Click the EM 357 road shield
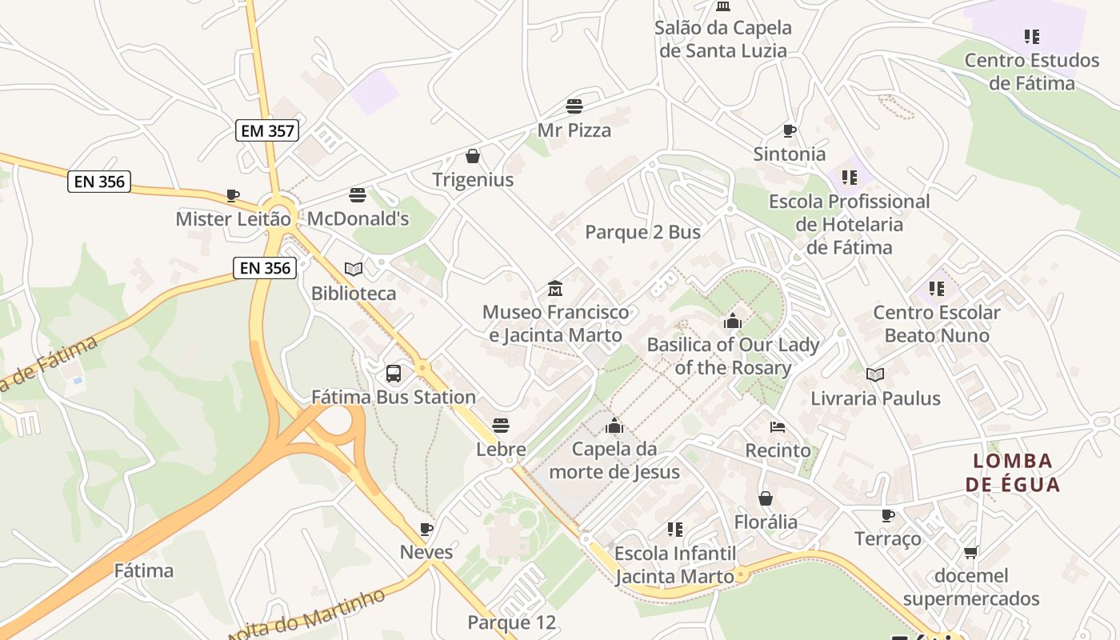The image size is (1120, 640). coord(266,130)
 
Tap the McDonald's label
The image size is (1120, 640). coord(358,218)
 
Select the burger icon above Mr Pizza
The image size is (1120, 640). coord(574,106)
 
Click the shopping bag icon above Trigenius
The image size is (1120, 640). coord(473,155)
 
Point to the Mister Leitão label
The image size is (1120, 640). coord(233,218)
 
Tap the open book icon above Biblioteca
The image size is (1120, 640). coord(354,269)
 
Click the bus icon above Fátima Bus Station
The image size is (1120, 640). coord(394,373)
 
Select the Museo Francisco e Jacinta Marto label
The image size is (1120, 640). coord(556,323)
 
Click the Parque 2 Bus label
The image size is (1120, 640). coord(642,232)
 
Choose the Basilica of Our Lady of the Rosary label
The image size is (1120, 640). coord(733,356)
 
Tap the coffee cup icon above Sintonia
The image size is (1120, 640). coord(789,130)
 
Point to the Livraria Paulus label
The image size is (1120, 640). coord(875,398)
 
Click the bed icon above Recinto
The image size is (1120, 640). coord(778,426)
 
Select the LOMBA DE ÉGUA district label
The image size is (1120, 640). coord(1012,472)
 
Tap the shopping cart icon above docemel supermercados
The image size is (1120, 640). coord(971,552)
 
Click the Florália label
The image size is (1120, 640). coord(766,522)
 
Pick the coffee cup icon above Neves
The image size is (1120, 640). coord(426,528)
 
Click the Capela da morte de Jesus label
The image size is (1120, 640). coord(614,460)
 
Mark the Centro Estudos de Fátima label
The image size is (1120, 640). coord(1031,71)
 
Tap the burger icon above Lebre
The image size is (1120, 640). coord(501,425)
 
